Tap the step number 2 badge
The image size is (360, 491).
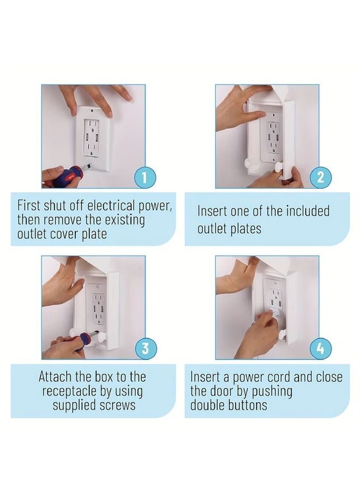click(319, 177)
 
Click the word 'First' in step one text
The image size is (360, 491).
click(31, 206)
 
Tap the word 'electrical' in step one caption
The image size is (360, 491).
click(109, 206)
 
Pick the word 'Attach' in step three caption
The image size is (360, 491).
click(56, 376)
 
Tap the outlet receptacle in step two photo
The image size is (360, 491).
click(271, 139)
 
